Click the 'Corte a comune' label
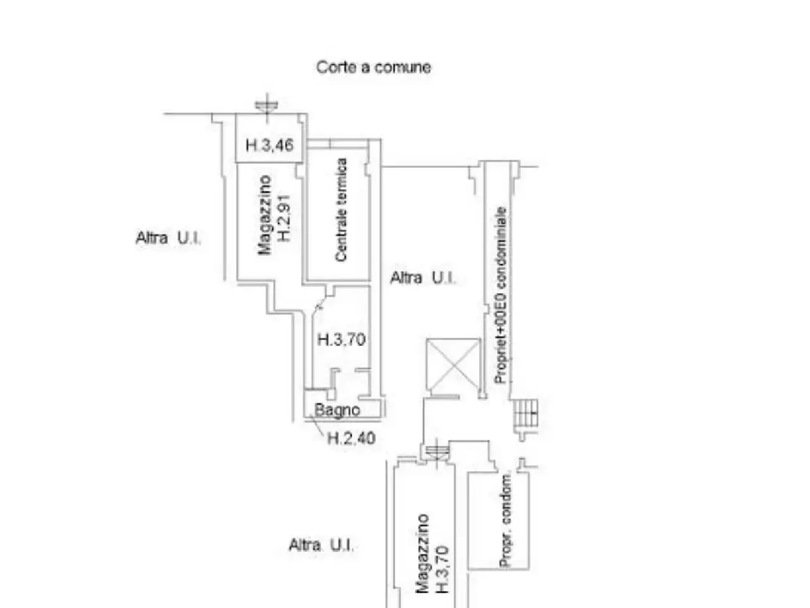pyautogui.click(x=373, y=67)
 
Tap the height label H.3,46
pyautogui.click(x=270, y=145)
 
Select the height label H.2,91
pyautogui.click(x=285, y=218)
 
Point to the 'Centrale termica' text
pyautogui.click(x=341, y=210)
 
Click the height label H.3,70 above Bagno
pyautogui.click(x=341, y=339)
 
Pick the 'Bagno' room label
pyautogui.click(x=337, y=410)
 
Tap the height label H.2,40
pyautogui.click(x=351, y=438)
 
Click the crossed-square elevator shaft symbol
pyautogui.click(x=453, y=365)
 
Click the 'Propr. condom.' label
pyautogui.click(x=506, y=521)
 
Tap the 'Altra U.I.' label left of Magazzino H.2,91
pyautogui.click(x=168, y=238)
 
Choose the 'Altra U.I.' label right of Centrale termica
pyautogui.click(x=423, y=278)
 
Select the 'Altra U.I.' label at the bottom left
pyautogui.click(x=321, y=545)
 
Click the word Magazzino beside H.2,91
pyautogui.click(x=265, y=215)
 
